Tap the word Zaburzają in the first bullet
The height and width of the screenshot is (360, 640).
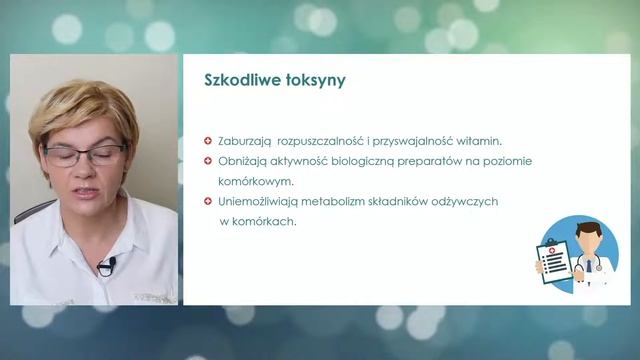point(245,141)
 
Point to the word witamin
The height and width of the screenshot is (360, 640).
point(478,141)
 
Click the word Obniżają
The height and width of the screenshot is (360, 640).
point(243,161)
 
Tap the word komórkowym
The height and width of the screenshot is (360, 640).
point(255,181)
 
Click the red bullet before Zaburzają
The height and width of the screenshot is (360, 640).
point(207,141)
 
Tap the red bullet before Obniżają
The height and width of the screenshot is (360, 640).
point(207,161)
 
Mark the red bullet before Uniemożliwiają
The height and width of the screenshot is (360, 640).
point(207,201)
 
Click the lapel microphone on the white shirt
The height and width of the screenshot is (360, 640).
point(106,266)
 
